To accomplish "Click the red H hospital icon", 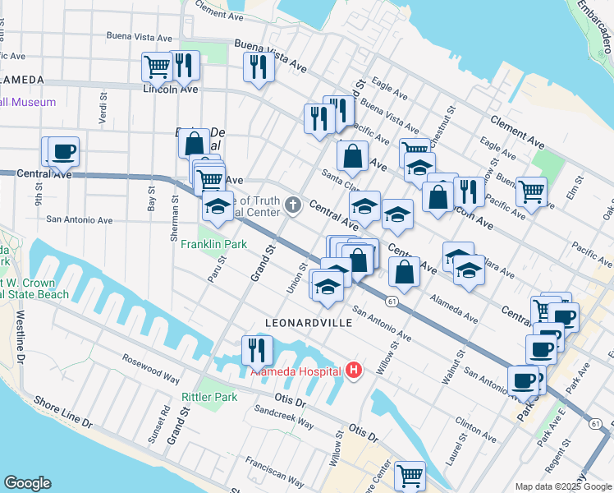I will point(355,371).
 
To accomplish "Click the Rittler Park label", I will point(209,397).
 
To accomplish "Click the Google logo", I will point(27,483).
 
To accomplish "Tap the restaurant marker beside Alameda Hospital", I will point(257,351).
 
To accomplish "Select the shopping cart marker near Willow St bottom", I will point(410,475).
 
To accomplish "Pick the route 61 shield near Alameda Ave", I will point(393,302).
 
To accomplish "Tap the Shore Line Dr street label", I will point(63,412).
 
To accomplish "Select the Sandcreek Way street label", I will point(283,416).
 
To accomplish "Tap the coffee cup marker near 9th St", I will point(63,153).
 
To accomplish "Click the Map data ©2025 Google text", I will point(562,486).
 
